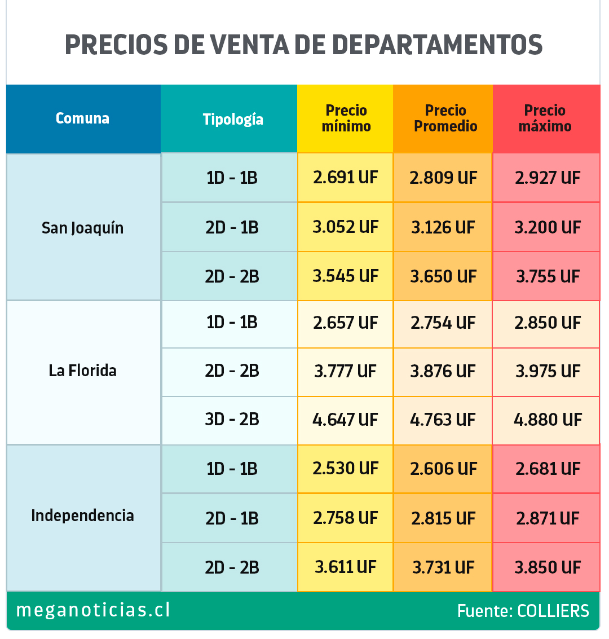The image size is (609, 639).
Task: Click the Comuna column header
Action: pos(83,118)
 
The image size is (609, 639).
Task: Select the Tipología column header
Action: pos(232,119)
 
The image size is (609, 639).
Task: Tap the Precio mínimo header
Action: pos(346,118)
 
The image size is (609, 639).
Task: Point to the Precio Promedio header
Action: pos(445,118)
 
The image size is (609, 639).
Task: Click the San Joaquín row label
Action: pos(83,228)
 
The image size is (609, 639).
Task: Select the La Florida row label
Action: pos(83,371)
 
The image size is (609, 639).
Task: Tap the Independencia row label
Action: pos(83,515)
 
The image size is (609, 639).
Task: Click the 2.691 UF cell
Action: pos(346,178)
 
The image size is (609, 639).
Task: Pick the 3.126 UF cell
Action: pos(443,227)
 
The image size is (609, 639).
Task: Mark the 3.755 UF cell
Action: pos(547,276)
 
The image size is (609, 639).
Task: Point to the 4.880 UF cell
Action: pos(547,420)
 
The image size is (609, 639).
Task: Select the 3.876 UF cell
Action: pos(443,371)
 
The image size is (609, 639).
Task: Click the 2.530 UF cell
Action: pos(346,469)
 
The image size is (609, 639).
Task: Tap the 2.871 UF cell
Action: pos(547,518)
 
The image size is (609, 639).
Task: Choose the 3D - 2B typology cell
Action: pos(232,420)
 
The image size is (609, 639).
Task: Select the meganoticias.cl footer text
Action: pos(93,610)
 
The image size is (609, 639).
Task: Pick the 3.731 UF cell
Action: pos(443,567)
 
